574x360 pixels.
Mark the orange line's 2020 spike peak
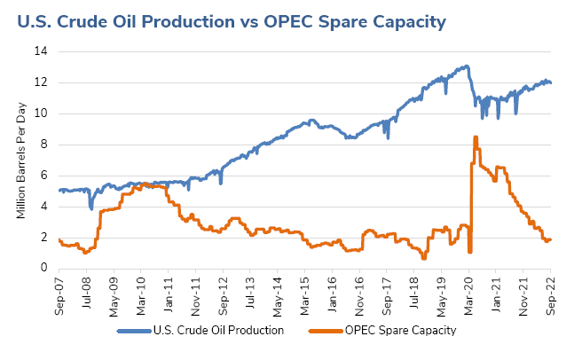coord(476,137)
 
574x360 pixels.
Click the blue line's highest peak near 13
coord(467,66)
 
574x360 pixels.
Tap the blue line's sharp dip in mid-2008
coord(91,208)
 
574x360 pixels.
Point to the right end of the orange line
coord(552,239)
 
